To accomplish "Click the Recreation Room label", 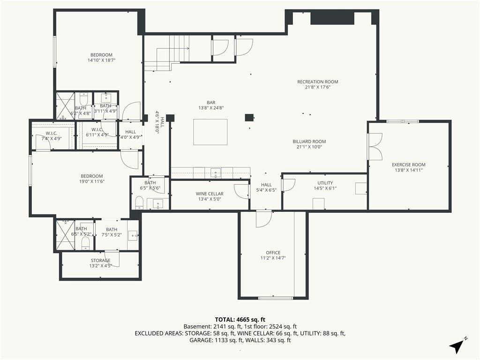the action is tap(317, 82).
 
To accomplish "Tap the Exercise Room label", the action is tap(409, 165).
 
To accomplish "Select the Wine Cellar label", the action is tap(210, 194).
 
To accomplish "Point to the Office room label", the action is tap(273, 253).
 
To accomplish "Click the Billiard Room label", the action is tap(309, 142).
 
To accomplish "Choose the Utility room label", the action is tap(325, 183).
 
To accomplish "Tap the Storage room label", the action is tap(100, 261).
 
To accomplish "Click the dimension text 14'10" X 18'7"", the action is tap(101, 60).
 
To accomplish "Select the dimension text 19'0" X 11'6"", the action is tap(92, 181).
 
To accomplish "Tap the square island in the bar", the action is tap(210, 132).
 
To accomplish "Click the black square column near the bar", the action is tap(249, 118).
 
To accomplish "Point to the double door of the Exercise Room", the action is tap(375, 147).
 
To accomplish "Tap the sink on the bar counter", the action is tap(216, 173).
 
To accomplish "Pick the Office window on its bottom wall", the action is tap(276, 298).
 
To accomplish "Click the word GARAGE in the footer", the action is tap(200, 340).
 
